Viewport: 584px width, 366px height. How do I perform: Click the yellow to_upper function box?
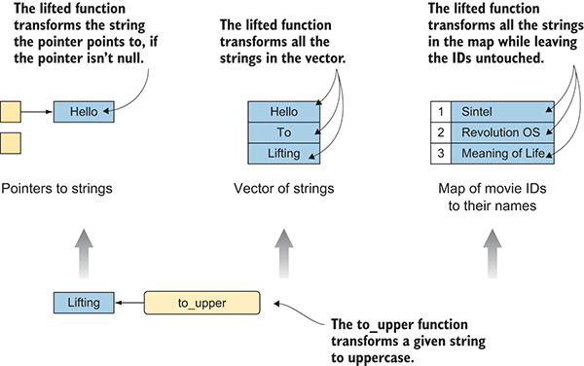(201, 303)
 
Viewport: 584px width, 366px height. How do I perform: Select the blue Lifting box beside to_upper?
(84, 303)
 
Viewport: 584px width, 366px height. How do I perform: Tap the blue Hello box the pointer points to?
(84, 112)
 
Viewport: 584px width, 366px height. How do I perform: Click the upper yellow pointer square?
(11, 112)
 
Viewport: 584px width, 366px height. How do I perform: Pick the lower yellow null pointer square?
(11, 143)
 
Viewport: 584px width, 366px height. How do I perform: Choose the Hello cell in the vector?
(284, 112)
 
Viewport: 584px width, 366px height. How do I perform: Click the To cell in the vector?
(284, 132)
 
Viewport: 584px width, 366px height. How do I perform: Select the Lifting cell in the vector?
(284, 154)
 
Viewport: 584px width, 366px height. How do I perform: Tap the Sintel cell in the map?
(502, 112)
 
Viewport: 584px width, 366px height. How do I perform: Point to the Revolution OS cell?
(502, 132)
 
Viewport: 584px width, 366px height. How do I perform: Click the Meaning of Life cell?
(502, 154)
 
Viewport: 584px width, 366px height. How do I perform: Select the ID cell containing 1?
(441, 112)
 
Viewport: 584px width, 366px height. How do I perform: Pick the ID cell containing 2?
(441, 132)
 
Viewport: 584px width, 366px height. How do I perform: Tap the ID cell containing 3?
(441, 154)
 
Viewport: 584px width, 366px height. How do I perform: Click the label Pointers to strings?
(56, 189)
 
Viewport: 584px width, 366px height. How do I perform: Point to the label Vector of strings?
(284, 189)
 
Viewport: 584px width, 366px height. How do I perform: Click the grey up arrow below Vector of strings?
(284, 253)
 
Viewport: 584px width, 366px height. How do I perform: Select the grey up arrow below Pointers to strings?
(84, 253)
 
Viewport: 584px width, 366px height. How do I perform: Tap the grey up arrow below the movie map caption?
(493, 253)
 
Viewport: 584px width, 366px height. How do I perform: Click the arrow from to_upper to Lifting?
(129, 303)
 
